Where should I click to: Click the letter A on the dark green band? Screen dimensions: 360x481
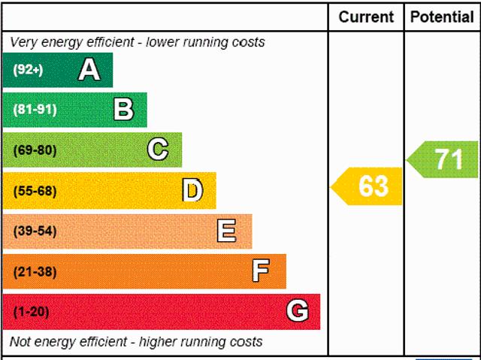pos(89,70)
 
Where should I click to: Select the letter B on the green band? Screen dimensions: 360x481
pos(123,110)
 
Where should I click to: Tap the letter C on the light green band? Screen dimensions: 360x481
pos(158,150)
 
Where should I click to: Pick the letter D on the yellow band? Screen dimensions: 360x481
pos(192,191)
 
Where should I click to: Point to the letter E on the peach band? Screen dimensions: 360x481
pos(226,231)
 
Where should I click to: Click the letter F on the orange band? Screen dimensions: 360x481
pos(261,271)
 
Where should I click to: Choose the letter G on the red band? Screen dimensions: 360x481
pos(297,311)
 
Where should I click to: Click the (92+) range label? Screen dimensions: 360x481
pos(29,70)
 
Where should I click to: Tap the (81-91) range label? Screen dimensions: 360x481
pos(35,110)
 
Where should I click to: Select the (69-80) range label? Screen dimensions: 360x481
pos(35,150)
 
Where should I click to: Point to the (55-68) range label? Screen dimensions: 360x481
pos(35,191)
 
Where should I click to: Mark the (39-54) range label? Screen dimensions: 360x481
pos(35,231)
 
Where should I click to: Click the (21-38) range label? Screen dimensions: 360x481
pos(35,271)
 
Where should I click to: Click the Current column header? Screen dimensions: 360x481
pos(366,17)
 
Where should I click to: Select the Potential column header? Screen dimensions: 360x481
pos(442,17)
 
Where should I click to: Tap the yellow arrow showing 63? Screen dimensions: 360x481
pos(369,186)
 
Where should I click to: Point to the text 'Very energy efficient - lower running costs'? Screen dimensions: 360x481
pos(138,42)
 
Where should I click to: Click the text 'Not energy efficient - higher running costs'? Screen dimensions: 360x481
pos(136,342)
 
